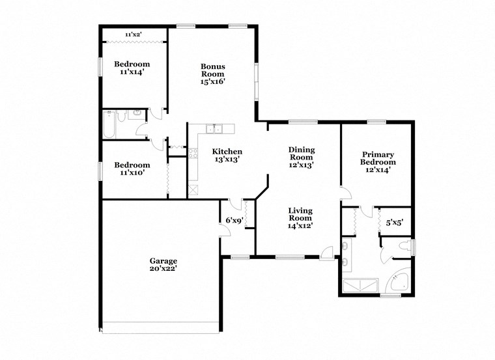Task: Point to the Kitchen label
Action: [228, 151]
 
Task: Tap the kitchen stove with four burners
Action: [193, 154]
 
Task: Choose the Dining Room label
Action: [302, 153]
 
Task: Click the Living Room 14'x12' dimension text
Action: [301, 225]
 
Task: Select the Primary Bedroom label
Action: [378, 158]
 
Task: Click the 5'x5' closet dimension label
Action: [395, 223]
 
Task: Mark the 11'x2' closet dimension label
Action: [133, 33]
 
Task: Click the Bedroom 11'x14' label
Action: [132, 68]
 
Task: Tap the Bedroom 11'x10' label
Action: [132, 169]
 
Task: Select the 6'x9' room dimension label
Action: [234, 220]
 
